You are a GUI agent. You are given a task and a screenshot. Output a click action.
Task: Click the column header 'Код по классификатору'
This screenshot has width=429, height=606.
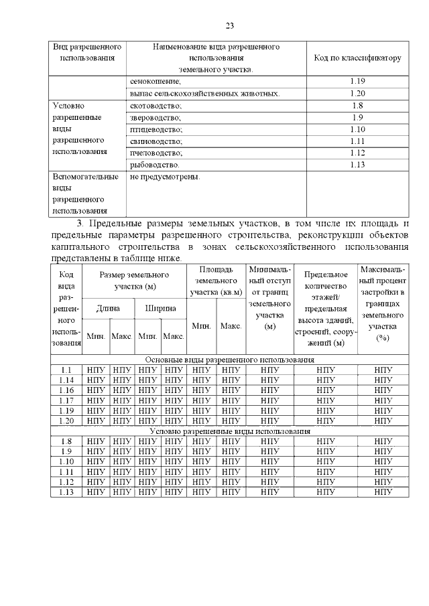click(x=357, y=58)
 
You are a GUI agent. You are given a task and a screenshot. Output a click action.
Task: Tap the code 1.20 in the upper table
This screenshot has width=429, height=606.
click(x=357, y=93)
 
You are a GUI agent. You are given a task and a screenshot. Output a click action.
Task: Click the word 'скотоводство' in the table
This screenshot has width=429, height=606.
click(x=156, y=105)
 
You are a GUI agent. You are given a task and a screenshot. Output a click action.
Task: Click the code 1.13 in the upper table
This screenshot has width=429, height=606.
click(x=357, y=165)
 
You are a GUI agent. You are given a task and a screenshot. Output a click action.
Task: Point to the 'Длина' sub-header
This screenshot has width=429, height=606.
click(x=108, y=308)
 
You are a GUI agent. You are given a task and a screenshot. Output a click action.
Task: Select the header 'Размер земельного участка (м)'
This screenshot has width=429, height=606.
click(x=133, y=281)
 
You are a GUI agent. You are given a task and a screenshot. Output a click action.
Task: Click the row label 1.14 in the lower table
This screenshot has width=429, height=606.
click(x=66, y=380)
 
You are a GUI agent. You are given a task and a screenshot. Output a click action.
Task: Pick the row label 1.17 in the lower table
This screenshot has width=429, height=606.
click(x=66, y=400)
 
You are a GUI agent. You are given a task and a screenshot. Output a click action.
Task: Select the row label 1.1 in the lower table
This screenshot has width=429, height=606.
click(x=66, y=370)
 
